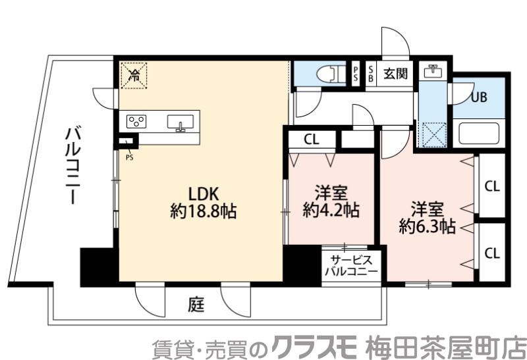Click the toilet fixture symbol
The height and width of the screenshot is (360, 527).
point(329,73)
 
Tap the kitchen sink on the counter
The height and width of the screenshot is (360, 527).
point(179,122)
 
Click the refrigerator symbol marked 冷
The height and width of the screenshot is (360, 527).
point(134,74)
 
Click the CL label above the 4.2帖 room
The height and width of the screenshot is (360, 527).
point(312,140)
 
